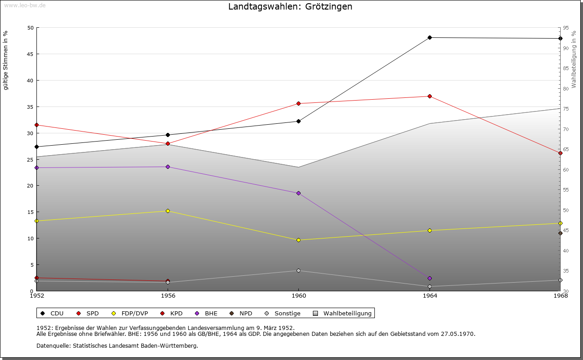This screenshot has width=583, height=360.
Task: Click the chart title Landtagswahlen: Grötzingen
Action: click(290, 7)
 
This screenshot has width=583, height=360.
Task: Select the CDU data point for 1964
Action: click(430, 37)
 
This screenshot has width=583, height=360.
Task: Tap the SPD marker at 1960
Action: click(298, 103)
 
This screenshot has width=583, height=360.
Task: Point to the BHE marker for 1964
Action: click(430, 278)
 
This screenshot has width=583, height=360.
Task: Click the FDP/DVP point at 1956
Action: click(168, 211)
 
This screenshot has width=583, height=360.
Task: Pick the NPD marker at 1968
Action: click(560, 233)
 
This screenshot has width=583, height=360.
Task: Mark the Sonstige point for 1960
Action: click(298, 270)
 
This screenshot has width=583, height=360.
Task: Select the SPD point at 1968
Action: click(560, 153)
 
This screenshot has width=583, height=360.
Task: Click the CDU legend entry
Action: click(52, 313)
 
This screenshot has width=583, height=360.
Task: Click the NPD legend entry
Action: click(241, 313)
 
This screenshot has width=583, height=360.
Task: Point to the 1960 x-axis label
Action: click(298, 296)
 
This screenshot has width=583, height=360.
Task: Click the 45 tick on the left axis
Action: click(31, 54)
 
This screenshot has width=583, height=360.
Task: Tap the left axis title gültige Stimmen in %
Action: click(5, 60)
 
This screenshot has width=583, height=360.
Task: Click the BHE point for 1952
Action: click(37, 167)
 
